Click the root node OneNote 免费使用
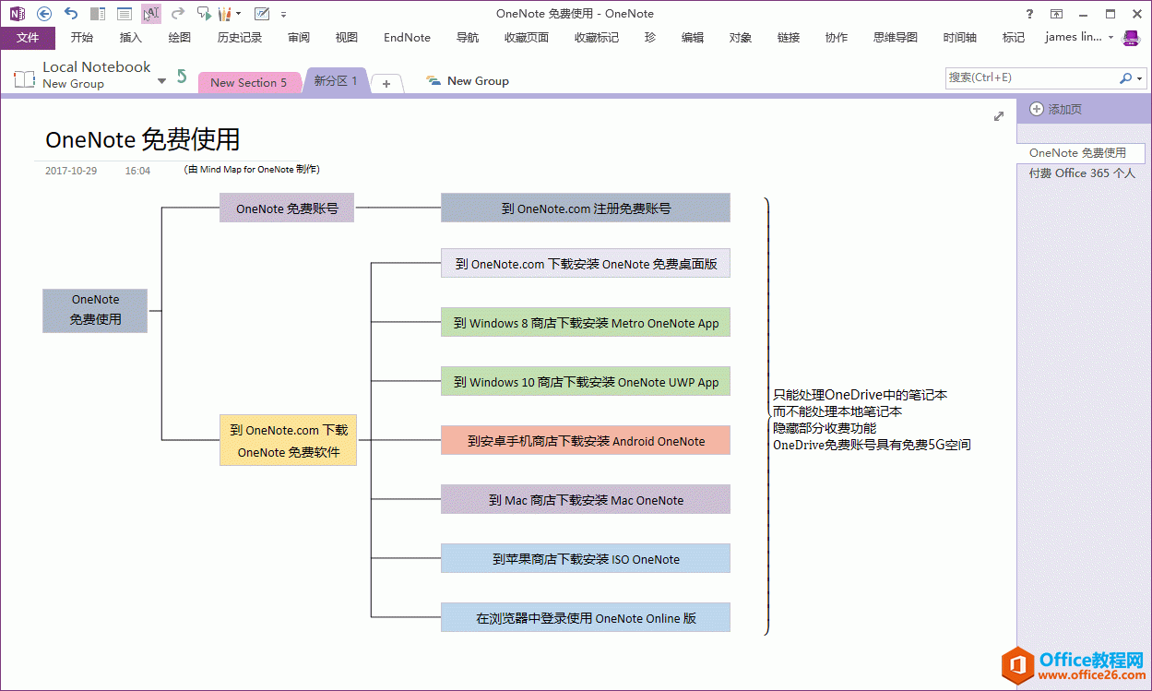pos(95,310)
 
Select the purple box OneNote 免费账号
pos(287,208)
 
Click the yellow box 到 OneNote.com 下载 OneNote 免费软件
pos(289,441)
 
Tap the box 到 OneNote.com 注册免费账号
pos(586,208)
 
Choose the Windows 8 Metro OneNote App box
pos(586,323)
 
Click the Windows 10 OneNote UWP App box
pos(586,382)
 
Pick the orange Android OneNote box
pos(586,441)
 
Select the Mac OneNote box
pos(586,500)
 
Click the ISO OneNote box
pos(586,559)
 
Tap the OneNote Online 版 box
pos(586,618)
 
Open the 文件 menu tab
pos(28,38)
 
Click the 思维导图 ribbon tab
pos(895,38)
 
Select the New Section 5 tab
pos(248,82)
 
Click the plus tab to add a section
pos(386,84)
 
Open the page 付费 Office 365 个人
pos(1082,173)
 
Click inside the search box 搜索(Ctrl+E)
pos(1028,78)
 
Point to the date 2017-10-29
pos(71,171)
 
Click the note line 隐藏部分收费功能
pos(825,428)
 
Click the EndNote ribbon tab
pos(407,38)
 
